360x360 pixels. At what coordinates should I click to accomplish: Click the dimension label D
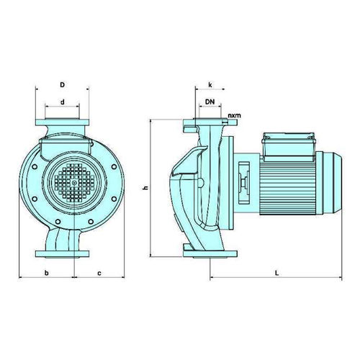(x=63, y=85)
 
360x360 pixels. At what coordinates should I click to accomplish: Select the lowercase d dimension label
(x=63, y=102)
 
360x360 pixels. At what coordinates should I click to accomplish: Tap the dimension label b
(x=47, y=273)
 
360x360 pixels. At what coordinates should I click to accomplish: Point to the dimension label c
(x=99, y=274)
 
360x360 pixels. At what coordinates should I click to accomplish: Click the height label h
(x=145, y=188)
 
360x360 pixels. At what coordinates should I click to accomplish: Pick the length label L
(x=276, y=273)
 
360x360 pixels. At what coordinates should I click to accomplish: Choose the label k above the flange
(x=210, y=85)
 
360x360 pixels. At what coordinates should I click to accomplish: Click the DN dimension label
(x=210, y=102)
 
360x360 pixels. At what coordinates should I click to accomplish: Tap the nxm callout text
(x=234, y=115)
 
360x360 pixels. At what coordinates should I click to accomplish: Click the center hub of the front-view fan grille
(x=75, y=183)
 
